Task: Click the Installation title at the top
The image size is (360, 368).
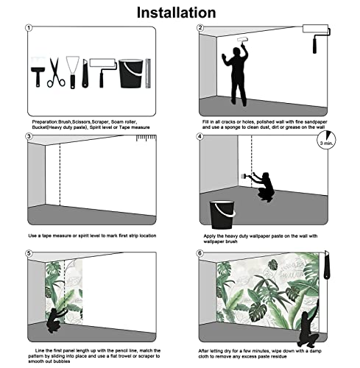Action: pos(180,13)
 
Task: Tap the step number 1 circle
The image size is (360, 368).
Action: pos(29,29)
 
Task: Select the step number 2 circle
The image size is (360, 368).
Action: pos(200,29)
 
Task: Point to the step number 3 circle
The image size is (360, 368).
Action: pos(29,136)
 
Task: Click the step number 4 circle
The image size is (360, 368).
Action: pos(200,136)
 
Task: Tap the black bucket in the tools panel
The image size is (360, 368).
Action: pos(130,74)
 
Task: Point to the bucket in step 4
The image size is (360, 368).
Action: pos(223,214)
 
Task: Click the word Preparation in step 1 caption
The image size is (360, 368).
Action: pos(45,121)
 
